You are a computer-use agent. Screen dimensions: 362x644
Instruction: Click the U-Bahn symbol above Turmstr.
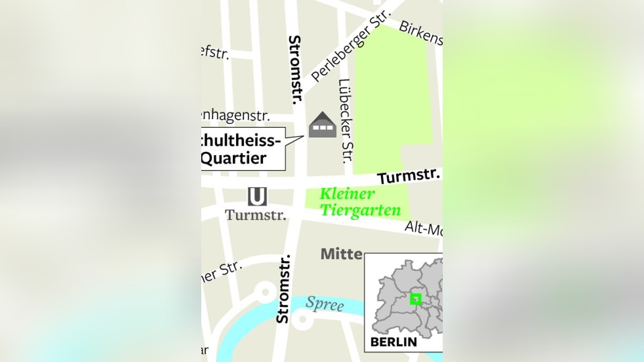(257, 196)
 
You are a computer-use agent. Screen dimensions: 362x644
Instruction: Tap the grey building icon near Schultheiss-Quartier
(322, 125)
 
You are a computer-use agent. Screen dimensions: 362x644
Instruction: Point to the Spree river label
(324, 304)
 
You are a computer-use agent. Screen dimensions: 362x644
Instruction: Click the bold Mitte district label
(341, 254)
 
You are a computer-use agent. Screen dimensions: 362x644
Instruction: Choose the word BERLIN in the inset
(393, 342)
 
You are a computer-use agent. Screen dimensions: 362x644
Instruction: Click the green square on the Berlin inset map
(415, 299)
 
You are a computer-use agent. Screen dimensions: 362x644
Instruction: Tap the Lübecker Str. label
(345, 121)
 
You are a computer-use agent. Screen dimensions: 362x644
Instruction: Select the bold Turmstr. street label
(408, 176)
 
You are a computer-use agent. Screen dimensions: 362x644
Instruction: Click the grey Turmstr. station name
(255, 215)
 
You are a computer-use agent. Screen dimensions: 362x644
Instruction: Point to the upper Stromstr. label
(295, 69)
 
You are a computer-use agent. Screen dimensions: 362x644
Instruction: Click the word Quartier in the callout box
(233, 158)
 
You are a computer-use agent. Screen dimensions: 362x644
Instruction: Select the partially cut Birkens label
(421, 33)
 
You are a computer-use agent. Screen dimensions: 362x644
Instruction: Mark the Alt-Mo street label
(423, 229)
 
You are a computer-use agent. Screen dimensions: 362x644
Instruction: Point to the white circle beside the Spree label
(302, 320)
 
